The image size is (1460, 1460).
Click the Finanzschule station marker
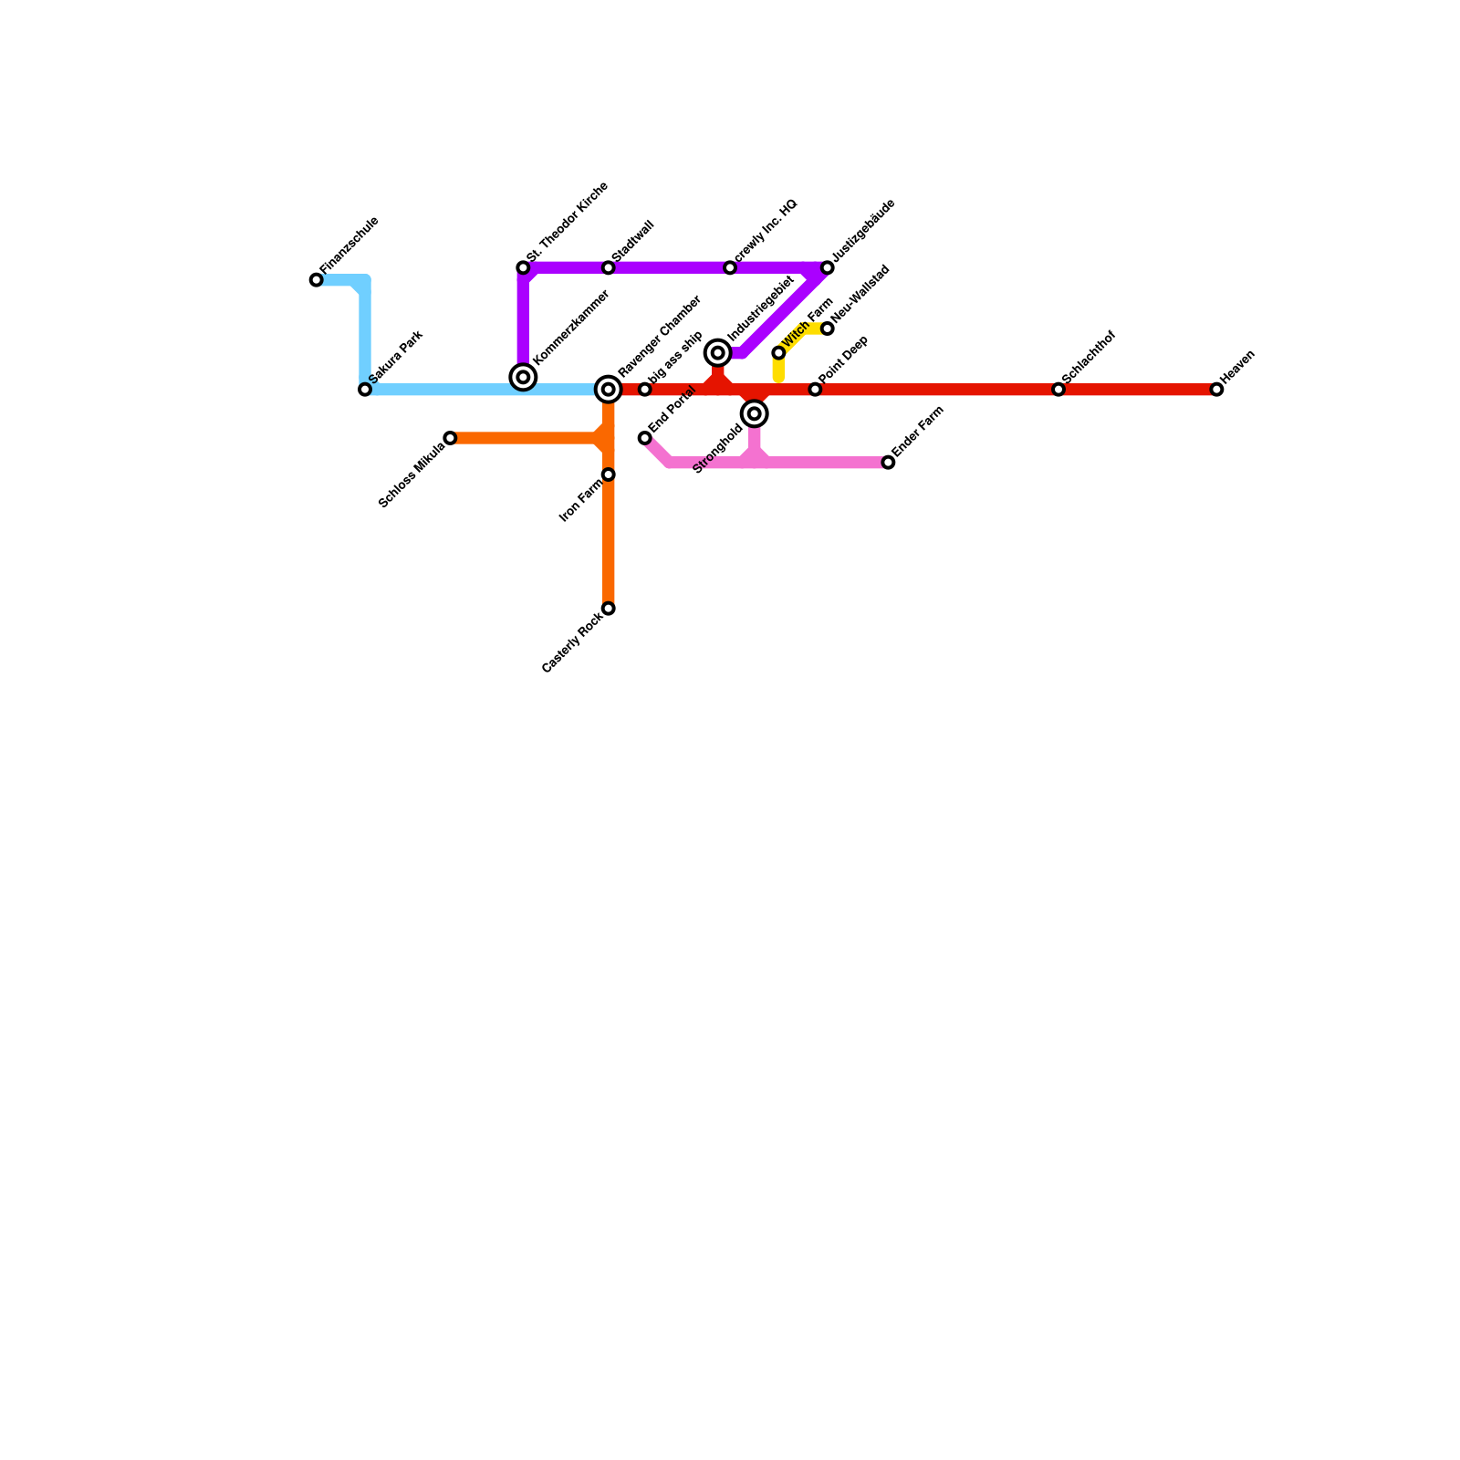(316, 280)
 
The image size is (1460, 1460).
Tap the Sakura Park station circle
(365, 390)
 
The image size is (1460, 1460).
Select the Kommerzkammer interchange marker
(523, 377)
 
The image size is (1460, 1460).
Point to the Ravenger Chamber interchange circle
(609, 390)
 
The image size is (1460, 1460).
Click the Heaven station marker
(1216, 390)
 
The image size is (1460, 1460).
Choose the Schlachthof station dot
(1058, 390)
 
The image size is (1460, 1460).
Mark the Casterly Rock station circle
(609, 609)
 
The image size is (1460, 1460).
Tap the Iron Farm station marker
(609, 474)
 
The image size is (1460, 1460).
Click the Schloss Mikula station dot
(450, 438)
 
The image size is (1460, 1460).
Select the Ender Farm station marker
(888, 463)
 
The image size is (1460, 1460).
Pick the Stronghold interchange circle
(755, 414)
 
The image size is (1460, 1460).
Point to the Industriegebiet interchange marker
(718, 353)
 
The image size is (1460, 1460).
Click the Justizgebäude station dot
(828, 267)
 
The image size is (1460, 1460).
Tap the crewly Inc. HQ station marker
(730, 267)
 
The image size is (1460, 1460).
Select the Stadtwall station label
(633, 241)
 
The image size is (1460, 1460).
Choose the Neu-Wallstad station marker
(828, 328)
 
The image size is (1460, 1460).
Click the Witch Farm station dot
(778, 353)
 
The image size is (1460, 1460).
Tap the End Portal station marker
(645, 438)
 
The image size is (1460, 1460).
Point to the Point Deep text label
(843, 360)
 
